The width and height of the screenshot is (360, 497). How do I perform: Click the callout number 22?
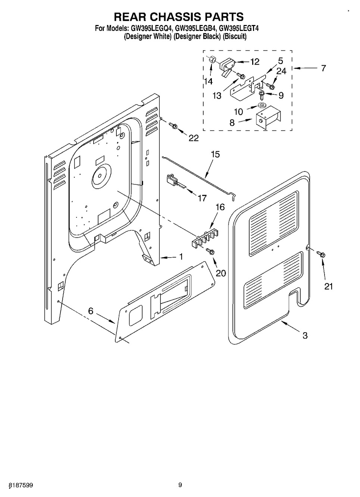coord(194,138)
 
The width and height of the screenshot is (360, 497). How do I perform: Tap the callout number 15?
coord(215,154)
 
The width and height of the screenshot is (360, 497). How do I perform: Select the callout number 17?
coord(202,198)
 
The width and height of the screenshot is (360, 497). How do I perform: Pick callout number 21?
coord(329,287)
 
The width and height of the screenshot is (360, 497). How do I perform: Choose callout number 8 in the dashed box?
coord(232,122)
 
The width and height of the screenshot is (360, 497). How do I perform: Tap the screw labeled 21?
coord(321,254)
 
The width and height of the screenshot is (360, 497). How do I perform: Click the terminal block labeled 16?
coord(205,238)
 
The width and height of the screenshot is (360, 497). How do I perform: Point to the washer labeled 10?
coord(262,105)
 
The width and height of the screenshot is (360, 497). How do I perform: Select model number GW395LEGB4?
coord(195,28)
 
